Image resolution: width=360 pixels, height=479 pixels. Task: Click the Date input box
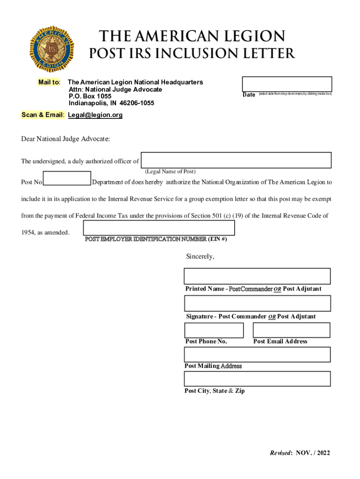(287, 84)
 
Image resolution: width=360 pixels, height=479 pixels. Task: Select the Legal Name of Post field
(236, 160)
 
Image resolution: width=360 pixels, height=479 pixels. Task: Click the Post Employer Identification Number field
(159, 228)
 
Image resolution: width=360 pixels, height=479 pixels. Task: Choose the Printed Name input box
(257, 276)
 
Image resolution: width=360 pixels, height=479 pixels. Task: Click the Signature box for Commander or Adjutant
(257, 304)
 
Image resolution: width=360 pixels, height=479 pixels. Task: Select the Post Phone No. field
(214, 330)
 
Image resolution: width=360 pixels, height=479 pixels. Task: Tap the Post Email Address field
(291, 330)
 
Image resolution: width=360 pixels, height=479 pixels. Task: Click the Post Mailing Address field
(257, 355)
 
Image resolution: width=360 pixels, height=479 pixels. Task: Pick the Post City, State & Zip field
(257, 379)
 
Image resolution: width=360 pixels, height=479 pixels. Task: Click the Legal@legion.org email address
(95, 115)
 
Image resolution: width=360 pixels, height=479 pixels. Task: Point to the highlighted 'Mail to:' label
(49, 82)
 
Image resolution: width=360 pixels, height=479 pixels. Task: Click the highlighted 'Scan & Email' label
(43, 115)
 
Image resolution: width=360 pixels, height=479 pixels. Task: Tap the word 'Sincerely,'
(200, 256)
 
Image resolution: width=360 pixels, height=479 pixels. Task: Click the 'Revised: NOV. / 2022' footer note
(300, 453)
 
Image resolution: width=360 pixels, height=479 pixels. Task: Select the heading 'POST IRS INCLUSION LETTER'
(192, 54)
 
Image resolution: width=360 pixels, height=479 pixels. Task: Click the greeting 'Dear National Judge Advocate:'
(65, 139)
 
